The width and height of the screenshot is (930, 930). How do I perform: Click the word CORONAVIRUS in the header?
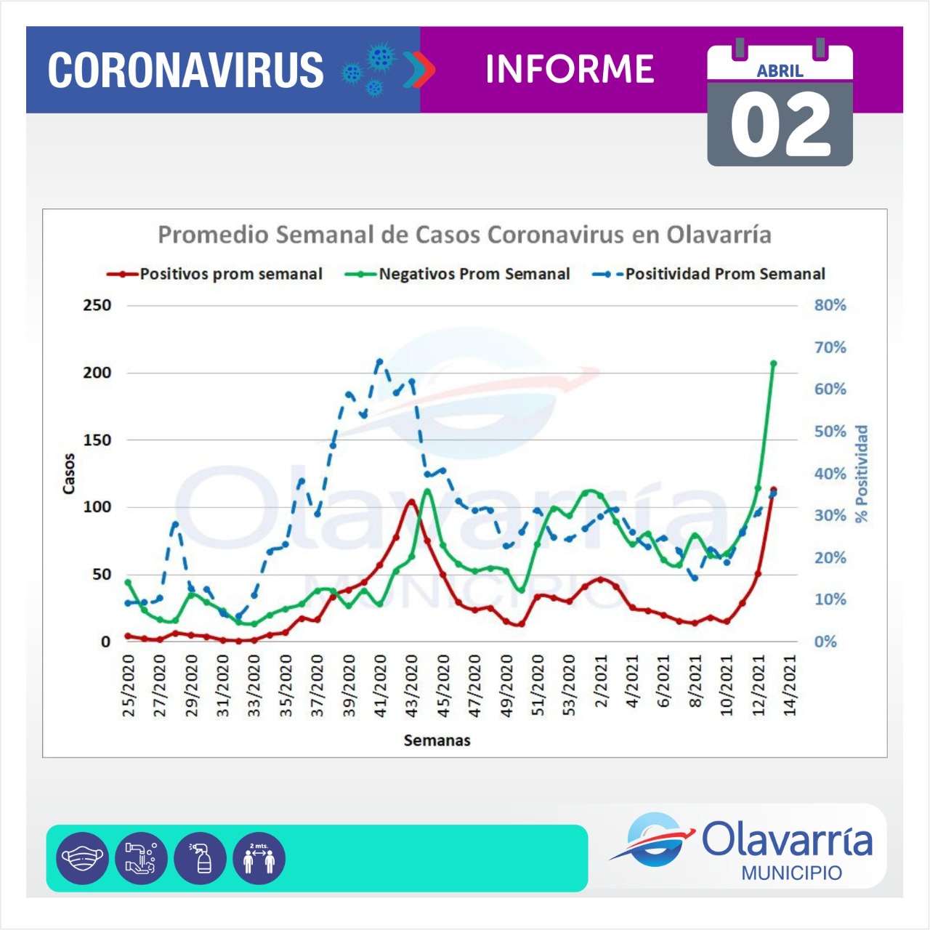tap(185, 70)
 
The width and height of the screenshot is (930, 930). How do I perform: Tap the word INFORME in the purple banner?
tap(570, 70)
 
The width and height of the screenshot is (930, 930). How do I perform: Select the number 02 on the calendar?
tap(780, 126)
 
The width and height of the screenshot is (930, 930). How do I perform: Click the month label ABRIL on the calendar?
tap(780, 71)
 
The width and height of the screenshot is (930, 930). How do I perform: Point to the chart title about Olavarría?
tap(464, 235)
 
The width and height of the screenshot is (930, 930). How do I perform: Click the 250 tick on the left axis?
tap(97, 305)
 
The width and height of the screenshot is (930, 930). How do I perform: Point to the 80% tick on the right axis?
tap(830, 305)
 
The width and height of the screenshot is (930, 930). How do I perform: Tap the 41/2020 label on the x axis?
tap(380, 685)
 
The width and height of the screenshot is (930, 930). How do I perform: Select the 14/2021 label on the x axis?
tap(790, 685)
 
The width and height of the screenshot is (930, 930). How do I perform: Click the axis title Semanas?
tap(437, 740)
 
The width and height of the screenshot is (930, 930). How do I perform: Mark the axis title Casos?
tap(69, 474)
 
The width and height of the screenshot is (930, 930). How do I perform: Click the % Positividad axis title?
tap(862, 474)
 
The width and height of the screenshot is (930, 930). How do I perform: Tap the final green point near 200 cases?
tap(773, 363)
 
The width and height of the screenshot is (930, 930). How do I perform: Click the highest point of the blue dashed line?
tap(379, 361)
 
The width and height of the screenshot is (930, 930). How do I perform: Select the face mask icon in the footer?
tap(82, 858)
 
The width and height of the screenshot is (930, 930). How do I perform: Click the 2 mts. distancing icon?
tap(259, 858)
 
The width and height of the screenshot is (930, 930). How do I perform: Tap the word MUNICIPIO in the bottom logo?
tap(791, 873)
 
